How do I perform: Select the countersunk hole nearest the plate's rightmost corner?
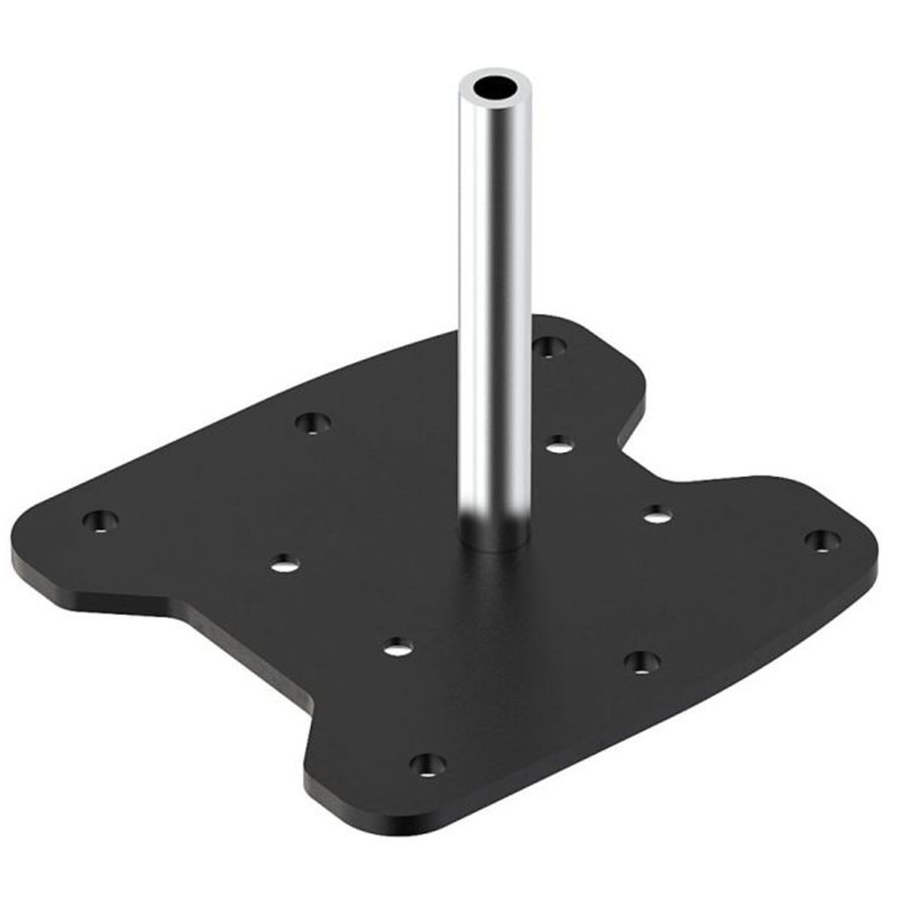[x=823, y=540]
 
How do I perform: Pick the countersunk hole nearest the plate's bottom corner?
[x=428, y=765]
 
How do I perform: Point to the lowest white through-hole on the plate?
[x=399, y=647]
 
